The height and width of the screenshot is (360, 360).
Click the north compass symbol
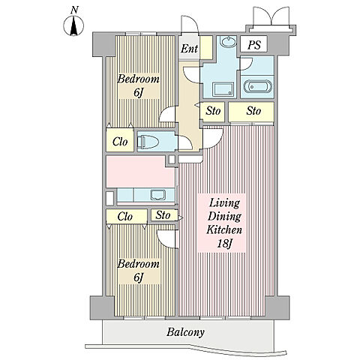(x=73, y=25)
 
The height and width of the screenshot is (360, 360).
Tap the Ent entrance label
(x=190, y=49)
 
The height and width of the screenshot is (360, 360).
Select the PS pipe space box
(x=254, y=44)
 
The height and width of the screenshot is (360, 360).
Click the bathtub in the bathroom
(x=257, y=86)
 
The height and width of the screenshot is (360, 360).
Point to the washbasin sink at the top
(x=228, y=41)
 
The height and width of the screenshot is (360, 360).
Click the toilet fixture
(x=148, y=142)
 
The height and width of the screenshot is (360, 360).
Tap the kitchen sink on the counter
(x=158, y=195)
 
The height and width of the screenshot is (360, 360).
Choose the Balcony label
(x=185, y=332)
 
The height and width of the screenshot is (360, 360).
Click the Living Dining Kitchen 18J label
(x=224, y=223)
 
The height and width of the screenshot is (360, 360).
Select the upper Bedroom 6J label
(x=138, y=85)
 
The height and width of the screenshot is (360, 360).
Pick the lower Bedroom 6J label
(x=138, y=271)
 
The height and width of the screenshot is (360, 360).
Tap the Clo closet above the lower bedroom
(x=127, y=216)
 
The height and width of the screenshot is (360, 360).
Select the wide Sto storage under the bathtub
(x=251, y=111)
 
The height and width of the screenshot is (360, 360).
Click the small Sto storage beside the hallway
(x=213, y=111)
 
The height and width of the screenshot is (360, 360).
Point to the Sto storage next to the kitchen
(x=164, y=215)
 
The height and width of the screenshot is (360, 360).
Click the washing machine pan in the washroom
(x=223, y=89)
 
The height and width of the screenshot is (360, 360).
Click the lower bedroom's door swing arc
(x=165, y=239)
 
